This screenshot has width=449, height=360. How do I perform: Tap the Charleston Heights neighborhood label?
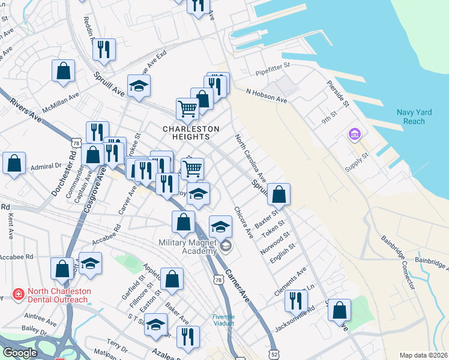[191, 134]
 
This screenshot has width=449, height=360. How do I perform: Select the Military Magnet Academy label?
[187, 247]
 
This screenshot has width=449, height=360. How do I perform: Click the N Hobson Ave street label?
[267, 96]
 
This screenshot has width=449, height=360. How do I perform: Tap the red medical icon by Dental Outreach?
[19, 295]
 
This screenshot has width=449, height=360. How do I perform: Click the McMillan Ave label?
[60, 103]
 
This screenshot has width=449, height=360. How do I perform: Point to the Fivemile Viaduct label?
[224, 320]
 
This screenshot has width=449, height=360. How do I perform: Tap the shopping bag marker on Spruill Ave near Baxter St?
[279, 194]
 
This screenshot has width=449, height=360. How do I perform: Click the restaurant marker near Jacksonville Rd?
[296, 301]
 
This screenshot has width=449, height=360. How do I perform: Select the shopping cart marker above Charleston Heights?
[187, 109]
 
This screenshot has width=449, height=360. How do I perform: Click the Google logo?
[20, 353]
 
